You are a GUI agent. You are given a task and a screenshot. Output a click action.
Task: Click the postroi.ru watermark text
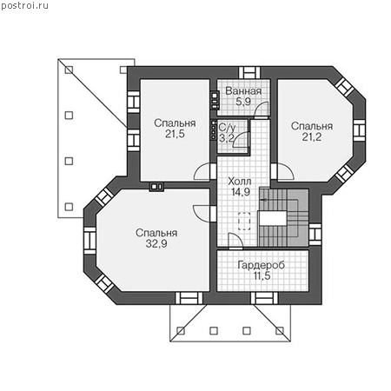(x=24, y=5)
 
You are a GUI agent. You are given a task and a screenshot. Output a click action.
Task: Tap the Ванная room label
(x=243, y=91)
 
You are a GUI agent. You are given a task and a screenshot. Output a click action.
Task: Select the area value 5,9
(x=243, y=102)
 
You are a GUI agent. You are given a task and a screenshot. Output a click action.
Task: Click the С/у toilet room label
(x=227, y=128)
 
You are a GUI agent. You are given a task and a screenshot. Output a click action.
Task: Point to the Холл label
(x=240, y=182)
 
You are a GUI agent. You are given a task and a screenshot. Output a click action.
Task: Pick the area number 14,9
(x=241, y=192)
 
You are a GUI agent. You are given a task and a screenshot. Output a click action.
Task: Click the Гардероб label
(x=262, y=265)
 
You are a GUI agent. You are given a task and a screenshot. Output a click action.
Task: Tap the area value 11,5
(x=262, y=276)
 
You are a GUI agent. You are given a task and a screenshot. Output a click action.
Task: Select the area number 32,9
(x=156, y=244)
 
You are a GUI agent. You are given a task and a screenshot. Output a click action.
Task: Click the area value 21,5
(x=175, y=134)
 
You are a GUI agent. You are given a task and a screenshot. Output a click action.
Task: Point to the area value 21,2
(x=312, y=137)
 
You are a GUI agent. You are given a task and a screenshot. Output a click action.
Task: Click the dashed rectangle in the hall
(x=244, y=221)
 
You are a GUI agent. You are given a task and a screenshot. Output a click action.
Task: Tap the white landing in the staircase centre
(x=273, y=218)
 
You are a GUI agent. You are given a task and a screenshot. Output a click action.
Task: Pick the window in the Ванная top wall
(x=249, y=73)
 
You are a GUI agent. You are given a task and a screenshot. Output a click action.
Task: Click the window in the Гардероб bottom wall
(x=264, y=298)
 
